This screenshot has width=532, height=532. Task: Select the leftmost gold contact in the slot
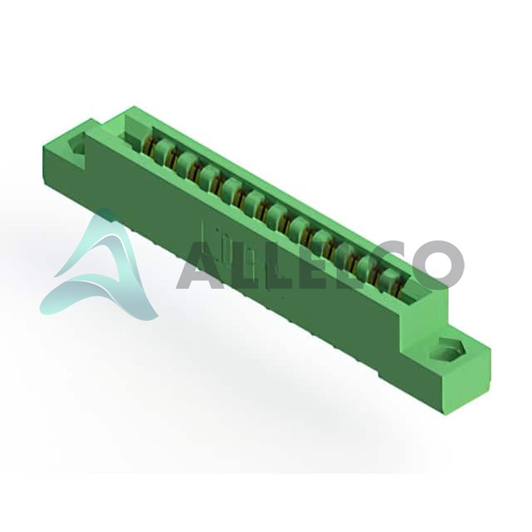coord(149,145)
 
